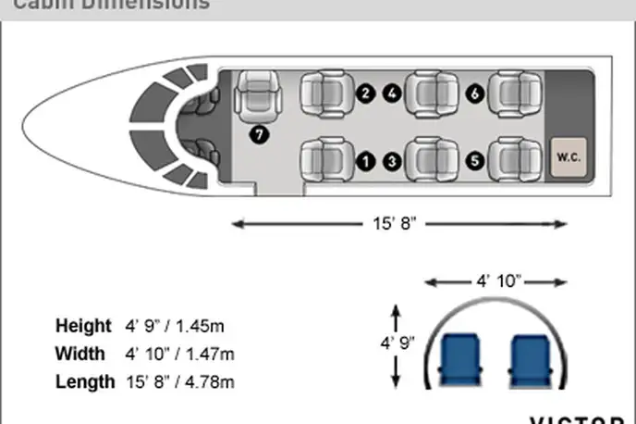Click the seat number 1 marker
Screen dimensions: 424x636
366,161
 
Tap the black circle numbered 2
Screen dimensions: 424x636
366,93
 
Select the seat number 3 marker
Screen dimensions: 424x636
393,161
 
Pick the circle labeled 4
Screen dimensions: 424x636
393,93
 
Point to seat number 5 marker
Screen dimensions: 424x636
475,161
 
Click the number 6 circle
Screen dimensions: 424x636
475,93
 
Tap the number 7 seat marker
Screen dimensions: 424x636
260,134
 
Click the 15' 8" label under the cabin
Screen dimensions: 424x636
398,223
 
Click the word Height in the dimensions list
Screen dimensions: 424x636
83,326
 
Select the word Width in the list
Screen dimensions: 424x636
79,354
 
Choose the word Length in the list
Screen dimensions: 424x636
85,381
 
